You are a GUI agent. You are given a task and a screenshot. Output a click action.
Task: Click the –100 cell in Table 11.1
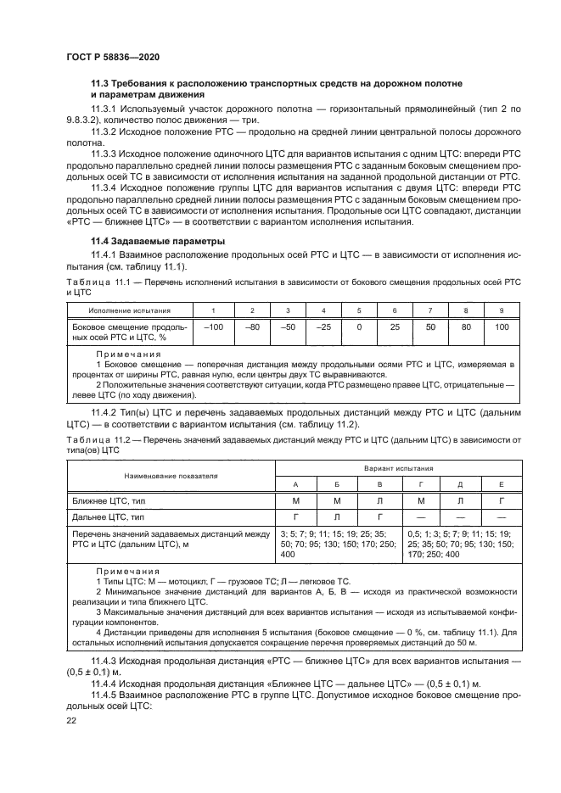213,326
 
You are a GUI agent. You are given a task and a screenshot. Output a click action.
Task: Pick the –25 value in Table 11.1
323,326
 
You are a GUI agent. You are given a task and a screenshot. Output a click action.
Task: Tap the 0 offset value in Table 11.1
359,326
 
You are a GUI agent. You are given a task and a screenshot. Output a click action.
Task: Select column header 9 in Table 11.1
502,310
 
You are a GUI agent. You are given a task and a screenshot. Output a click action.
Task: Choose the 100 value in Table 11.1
502,326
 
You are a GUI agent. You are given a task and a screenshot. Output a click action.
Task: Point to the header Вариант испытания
399,467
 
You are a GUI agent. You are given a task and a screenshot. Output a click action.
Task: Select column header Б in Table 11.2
337,483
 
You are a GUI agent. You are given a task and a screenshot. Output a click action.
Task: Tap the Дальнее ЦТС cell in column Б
337,516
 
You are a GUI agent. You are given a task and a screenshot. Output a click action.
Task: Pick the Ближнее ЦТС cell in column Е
501,501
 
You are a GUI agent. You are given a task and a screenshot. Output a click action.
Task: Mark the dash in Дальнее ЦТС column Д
460,516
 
